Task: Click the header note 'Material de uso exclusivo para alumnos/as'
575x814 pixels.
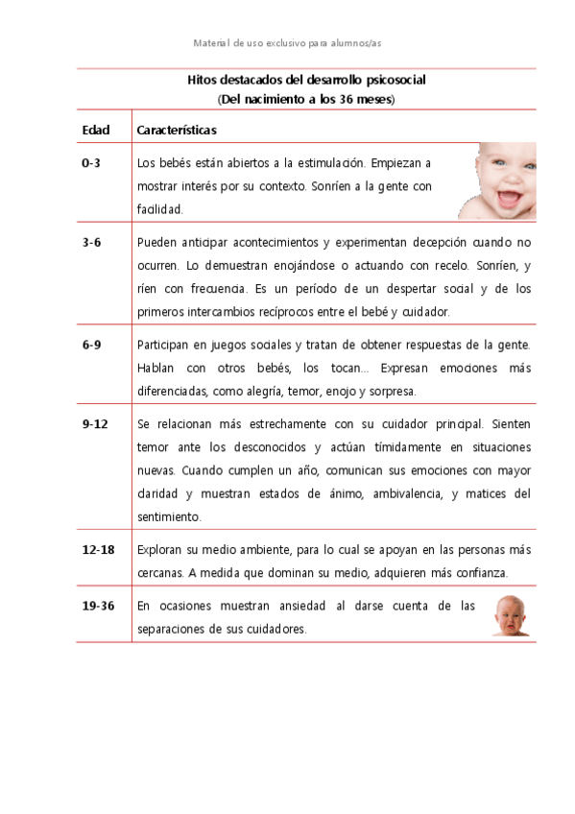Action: [288, 43]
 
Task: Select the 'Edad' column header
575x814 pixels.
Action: [96, 130]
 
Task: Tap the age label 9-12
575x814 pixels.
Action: [95, 423]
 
